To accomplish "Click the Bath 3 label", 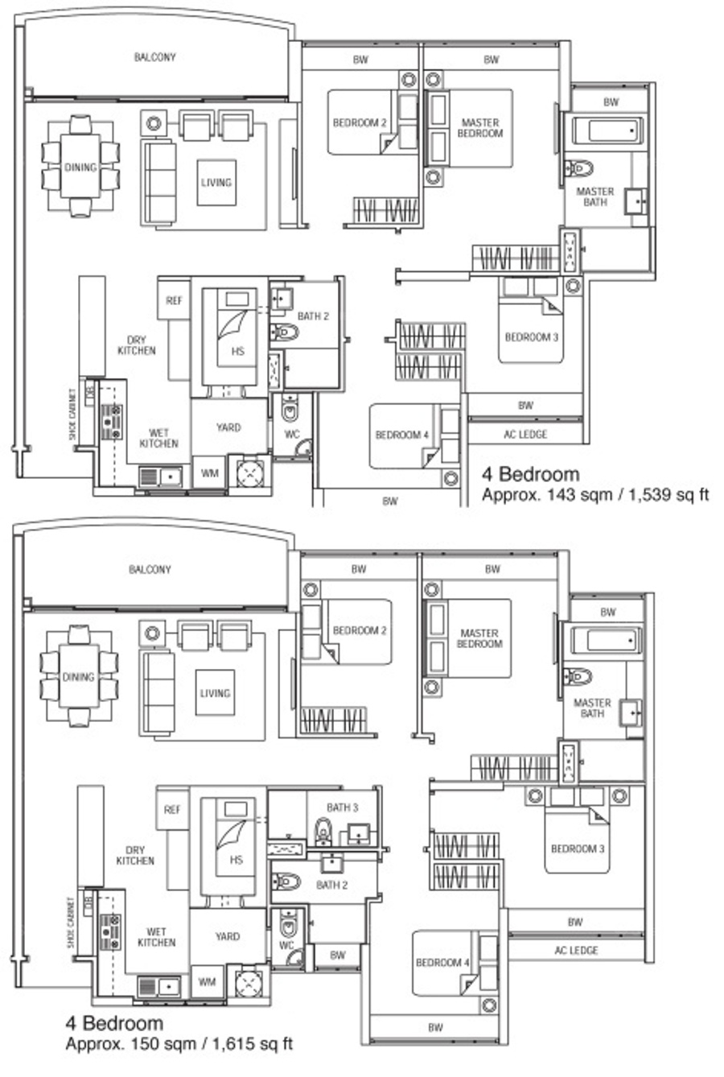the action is coord(343,807).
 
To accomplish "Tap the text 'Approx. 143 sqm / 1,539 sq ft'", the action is coord(596,495).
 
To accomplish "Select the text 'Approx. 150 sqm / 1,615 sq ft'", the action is coord(179,1044).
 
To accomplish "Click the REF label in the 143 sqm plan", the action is coord(174,300).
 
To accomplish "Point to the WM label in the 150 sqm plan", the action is coord(207,982).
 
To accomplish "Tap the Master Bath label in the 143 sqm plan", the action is coord(595,196).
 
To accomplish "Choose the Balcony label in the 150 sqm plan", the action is coord(150,569).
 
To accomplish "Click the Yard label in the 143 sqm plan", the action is coord(228,427).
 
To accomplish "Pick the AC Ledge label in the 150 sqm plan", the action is coord(576,950).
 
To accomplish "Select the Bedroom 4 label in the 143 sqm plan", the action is coord(401,435).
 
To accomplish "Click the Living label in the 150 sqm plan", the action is coord(216,693).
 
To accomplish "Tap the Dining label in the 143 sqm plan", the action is coord(80,167).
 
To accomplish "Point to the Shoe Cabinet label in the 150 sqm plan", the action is coord(71,922).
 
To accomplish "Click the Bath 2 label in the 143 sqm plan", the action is coord(313,316).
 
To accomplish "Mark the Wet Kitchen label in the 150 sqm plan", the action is coord(156,937).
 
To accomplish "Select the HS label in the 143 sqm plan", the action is coord(238,351).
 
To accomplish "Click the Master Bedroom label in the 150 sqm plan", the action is coord(479,638).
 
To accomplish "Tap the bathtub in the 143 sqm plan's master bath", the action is coord(607,130).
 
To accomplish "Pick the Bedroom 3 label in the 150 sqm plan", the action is coord(578,848).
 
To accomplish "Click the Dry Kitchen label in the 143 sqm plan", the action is coord(137,345).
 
